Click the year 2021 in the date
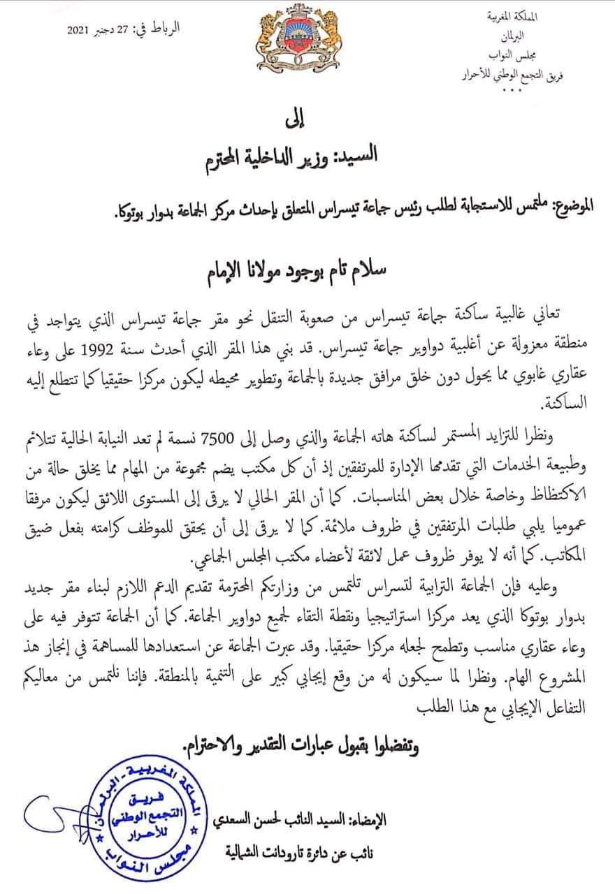point(79,31)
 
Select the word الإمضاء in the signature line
point(365,821)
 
